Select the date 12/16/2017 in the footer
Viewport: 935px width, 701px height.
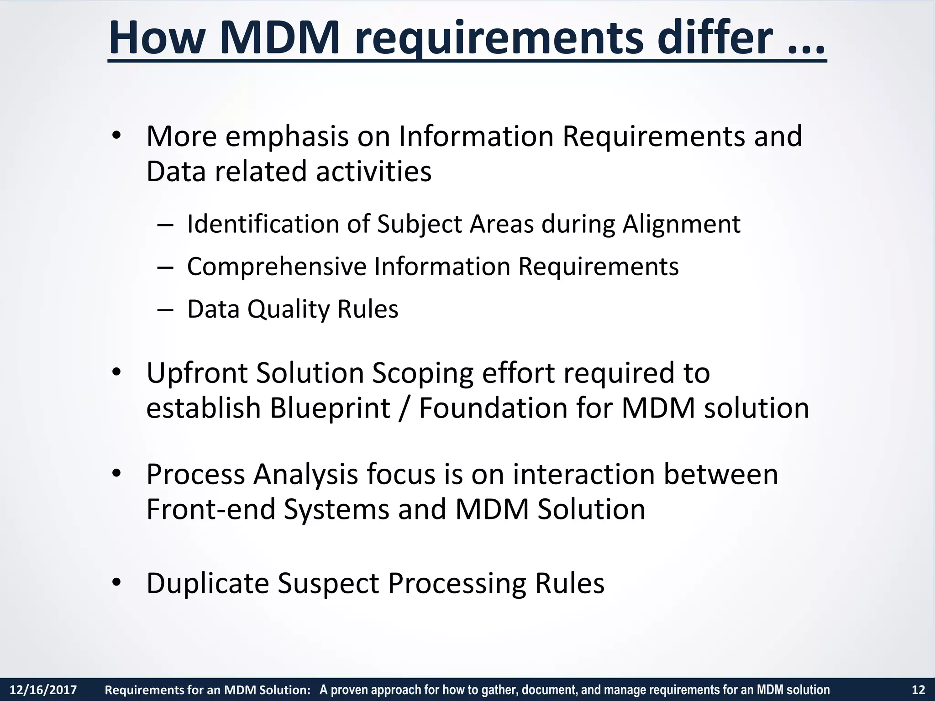43,690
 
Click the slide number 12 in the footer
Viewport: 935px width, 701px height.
918,690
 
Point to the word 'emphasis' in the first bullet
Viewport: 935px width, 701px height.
287,136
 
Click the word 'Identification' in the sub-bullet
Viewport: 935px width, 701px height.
263,224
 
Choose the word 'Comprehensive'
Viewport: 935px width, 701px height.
276,267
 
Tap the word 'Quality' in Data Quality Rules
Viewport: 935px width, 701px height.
288,309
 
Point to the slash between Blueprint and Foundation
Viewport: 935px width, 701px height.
404,408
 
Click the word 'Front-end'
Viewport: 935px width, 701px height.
210,509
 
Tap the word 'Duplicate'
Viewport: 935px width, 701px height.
207,583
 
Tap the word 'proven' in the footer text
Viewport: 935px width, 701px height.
347,690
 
